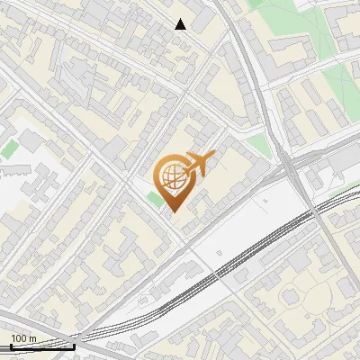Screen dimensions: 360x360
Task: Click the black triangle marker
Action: pyautogui.click(x=181, y=24)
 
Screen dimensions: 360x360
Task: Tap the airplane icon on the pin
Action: pyautogui.click(x=199, y=164)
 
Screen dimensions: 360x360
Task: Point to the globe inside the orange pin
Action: pyautogui.click(x=172, y=176)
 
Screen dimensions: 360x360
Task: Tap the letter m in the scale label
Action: pyautogui.click(x=33, y=337)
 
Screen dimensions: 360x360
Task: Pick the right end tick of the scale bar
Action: pyautogui.click(x=74, y=345)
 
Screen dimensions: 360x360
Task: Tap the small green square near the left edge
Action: pyautogui.click(x=10, y=148)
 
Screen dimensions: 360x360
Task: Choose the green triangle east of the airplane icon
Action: pyautogui.click(x=259, y=144)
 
